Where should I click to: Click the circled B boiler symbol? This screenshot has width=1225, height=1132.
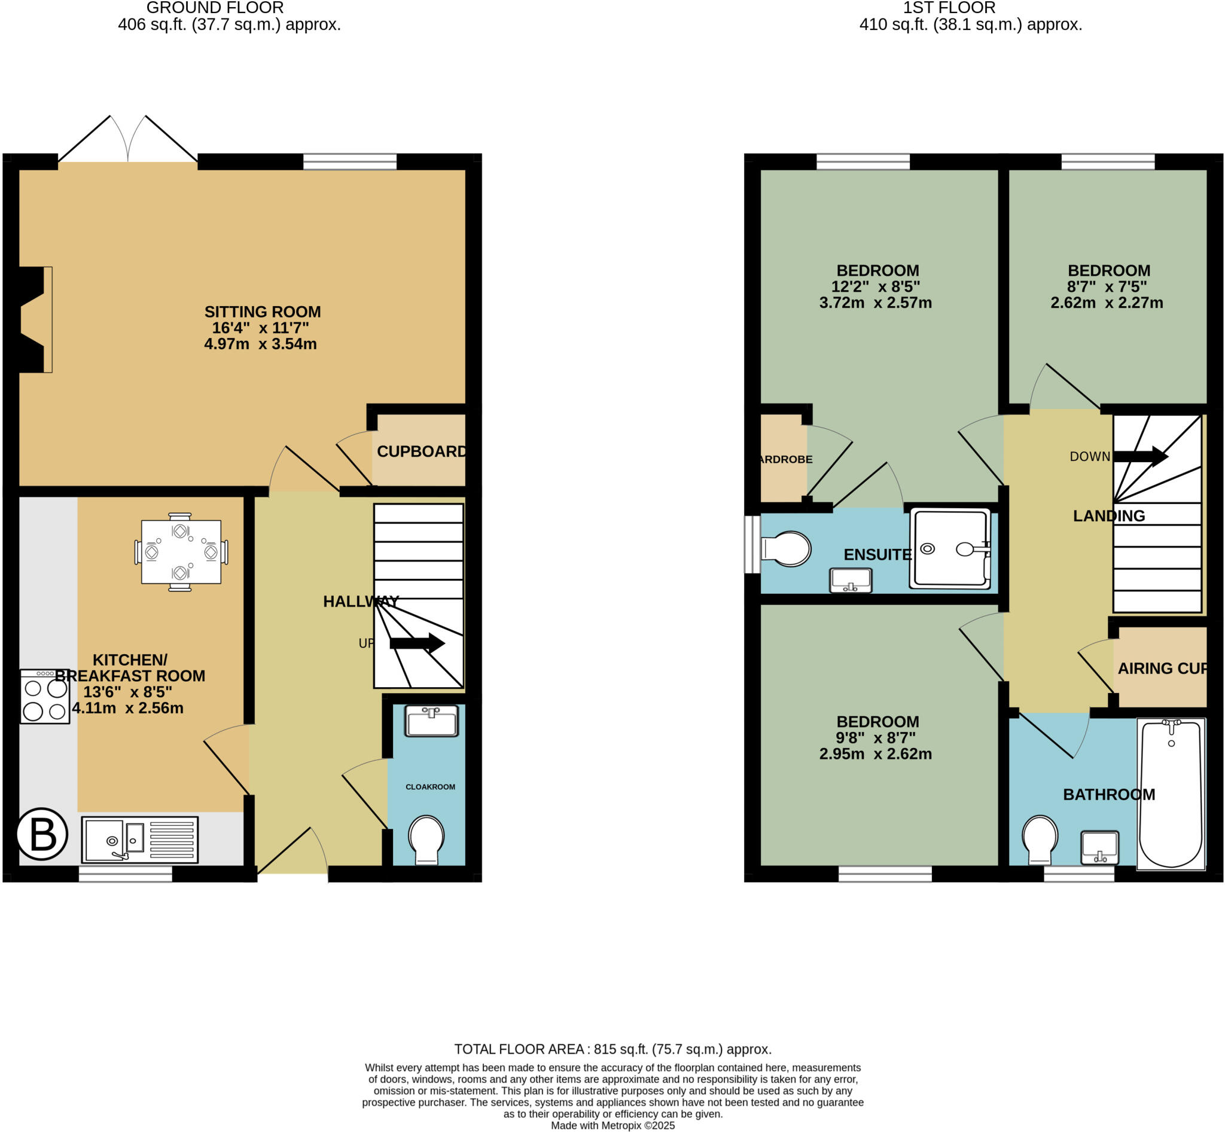(x=42, y=834)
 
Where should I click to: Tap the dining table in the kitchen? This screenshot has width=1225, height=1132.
(x=181, y=552)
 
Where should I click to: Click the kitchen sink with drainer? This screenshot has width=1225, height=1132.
(x=140, y=839)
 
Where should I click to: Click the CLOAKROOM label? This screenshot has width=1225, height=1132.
(x=430, y=786)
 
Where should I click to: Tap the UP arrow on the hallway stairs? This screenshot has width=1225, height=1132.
(x=417, y=643)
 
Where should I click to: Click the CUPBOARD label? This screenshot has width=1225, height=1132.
(x=422, y=451)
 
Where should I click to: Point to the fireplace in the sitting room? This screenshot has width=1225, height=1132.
(x=33, y=320)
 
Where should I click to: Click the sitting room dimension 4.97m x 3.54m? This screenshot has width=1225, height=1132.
(x=260, y=344)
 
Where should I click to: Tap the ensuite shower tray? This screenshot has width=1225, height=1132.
(x=950, y=548)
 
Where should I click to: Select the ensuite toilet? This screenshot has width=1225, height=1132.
(x=787, y=549)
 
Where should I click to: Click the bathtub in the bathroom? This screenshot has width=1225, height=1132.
(x=1171, y=794)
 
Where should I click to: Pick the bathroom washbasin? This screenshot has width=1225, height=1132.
(x=1099, y=847)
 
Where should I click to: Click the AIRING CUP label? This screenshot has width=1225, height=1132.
(x=1161, y=669)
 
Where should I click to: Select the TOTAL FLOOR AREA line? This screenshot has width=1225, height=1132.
(x=612, y=1049)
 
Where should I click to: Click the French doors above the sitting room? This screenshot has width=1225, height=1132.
(x=128, y=141)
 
